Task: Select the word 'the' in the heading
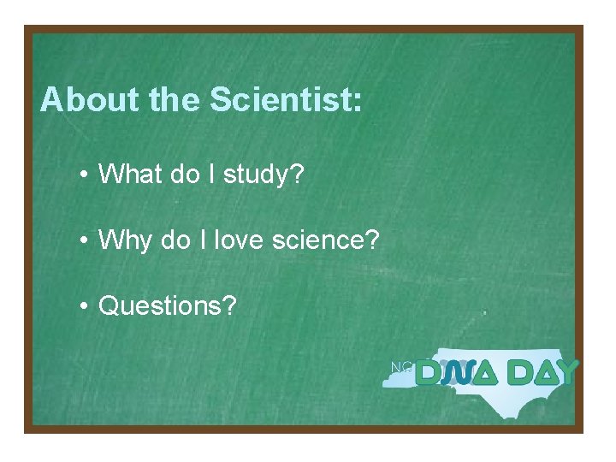175,100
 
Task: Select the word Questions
161,305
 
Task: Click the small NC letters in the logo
401,367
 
